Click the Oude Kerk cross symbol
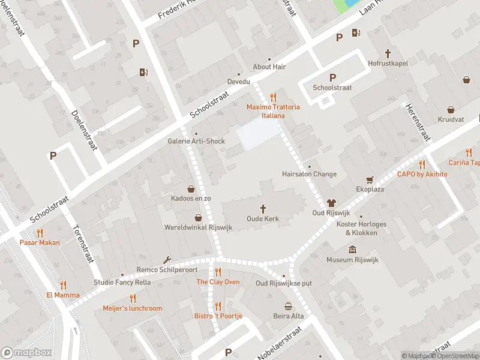pos(263,208)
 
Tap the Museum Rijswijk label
pos(352,260)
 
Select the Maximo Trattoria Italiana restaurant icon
pos(274,97)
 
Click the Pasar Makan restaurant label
pos(40,242)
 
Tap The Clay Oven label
pos(218,282)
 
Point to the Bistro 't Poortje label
pos(218,316)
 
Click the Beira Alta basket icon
pos(289,305)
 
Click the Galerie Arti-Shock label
pos(196,142)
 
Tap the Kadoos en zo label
pos(191,198)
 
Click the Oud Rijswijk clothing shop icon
pos(330,203)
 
